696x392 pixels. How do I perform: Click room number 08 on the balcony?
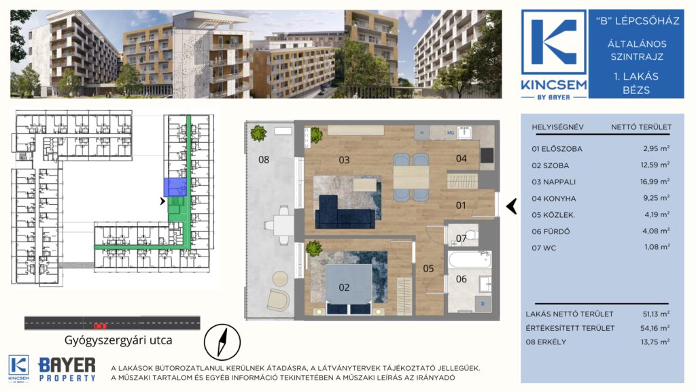point(264,159)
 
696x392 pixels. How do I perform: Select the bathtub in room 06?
point(469,259)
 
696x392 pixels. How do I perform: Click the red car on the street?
point(101,326)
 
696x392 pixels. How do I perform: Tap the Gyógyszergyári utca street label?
point(118,340)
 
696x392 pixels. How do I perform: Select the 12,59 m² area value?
point(655,165)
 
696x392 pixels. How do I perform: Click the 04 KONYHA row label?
point(553,199)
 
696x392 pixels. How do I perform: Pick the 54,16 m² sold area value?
point(656,328)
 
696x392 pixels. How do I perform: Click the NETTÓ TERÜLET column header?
point(641,127)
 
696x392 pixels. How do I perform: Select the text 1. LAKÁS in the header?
point(636,76)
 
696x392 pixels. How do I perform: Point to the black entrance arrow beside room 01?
point(512,206)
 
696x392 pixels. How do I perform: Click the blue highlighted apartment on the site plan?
point(175,187)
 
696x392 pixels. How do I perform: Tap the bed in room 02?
point(349,288)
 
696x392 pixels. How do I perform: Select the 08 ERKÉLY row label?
point(546,342)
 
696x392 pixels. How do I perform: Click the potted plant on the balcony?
point(258,133)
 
